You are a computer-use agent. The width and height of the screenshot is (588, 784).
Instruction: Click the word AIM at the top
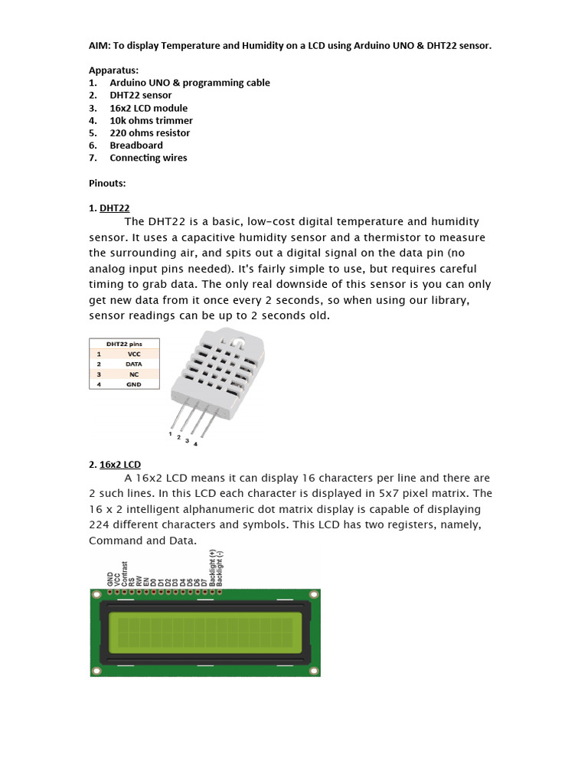coord(99,46)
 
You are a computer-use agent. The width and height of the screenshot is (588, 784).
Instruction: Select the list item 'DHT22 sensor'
coord(140,96)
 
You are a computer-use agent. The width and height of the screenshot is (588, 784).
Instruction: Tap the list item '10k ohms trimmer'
coord(151,120)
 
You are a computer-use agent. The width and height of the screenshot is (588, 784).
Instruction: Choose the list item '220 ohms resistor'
coord(149,133)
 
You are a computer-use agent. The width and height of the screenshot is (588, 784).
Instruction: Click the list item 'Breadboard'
coord(136,145)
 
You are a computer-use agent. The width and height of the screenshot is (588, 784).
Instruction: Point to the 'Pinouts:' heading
coord(107,183)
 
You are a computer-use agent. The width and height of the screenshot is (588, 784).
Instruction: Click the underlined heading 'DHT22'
coord(115,208)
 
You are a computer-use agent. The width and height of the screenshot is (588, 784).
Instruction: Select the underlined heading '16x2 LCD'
coord(120,465)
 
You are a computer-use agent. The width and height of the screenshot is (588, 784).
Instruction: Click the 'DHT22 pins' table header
coord(124,345)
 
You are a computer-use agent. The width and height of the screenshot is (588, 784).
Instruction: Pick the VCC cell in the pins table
coord(134,354)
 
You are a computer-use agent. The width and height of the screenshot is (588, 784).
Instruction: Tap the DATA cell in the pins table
coord(134,364)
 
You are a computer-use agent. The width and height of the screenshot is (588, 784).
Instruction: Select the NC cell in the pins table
coord(134,374)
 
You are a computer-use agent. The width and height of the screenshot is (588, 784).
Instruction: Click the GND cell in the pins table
coord(134,384)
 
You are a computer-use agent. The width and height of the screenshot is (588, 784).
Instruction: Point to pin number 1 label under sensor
coord(170,433)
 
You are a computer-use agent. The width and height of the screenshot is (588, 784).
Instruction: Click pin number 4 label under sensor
coord(195,444)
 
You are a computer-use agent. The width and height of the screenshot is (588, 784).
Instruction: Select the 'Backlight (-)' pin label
coord(220,569)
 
